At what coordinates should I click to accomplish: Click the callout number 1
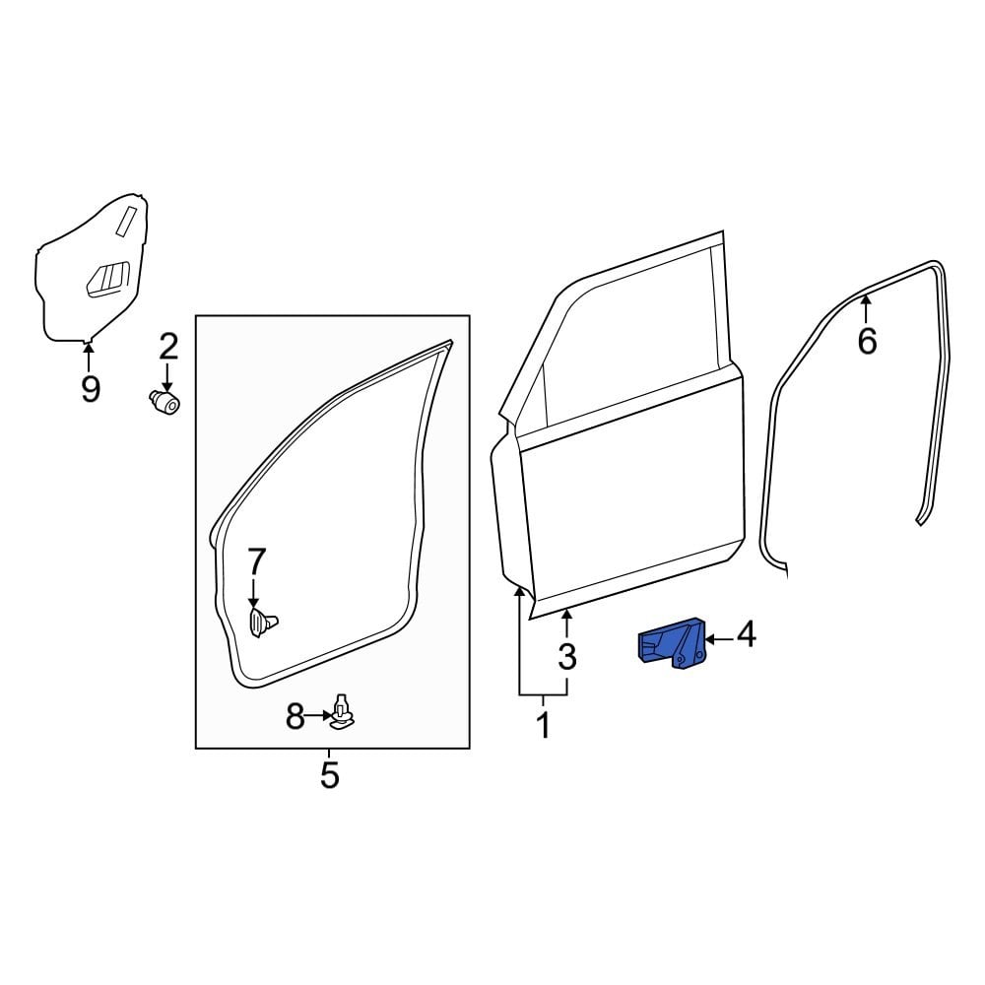(x=542, y=727)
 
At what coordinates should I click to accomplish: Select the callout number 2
(x=168, y=346)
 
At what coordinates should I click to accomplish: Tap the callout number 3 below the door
(x=566, y=657)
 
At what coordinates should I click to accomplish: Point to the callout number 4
(x=746, y=635)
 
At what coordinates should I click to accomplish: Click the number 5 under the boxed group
(x=330, y=774)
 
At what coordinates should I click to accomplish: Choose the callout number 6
(x=867, y=341)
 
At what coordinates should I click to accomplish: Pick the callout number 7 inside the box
(x=256, y=562)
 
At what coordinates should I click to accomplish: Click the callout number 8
(x=295, y=718)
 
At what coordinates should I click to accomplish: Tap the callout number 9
(x=90, y=389)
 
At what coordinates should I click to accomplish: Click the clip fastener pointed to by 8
(x=342, y=715)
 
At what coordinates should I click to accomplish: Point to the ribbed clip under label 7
(x=260, y=623)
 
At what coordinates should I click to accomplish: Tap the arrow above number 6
(x=867, y=310)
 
